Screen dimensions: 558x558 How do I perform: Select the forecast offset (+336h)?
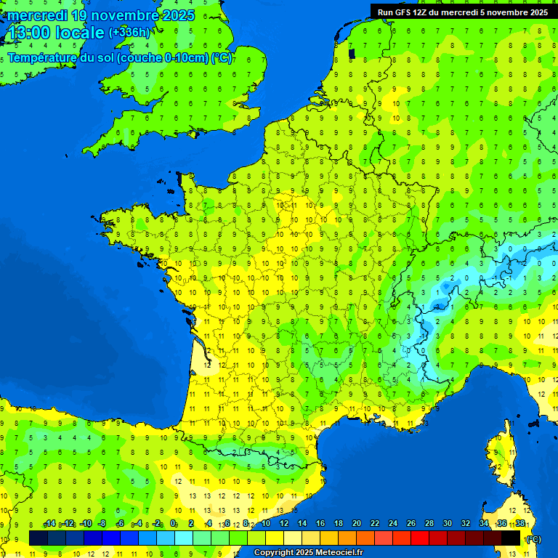pos(129,33)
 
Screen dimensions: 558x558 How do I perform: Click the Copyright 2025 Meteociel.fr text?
pos(308,553)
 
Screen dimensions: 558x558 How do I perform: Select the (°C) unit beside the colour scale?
pos(533,539)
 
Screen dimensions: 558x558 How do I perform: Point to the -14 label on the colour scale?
pos(49,524)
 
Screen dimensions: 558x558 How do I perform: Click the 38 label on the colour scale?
pos(520,524)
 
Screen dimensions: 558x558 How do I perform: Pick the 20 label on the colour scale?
pos(356,524)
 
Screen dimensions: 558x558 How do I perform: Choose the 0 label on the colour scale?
pos(173,524)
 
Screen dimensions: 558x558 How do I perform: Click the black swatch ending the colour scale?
pos(511,538)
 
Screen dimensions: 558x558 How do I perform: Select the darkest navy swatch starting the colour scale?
pos(39,538)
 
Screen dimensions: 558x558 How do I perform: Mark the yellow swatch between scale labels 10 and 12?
pos(275,538)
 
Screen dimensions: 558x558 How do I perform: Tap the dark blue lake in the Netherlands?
pos(352,52)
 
